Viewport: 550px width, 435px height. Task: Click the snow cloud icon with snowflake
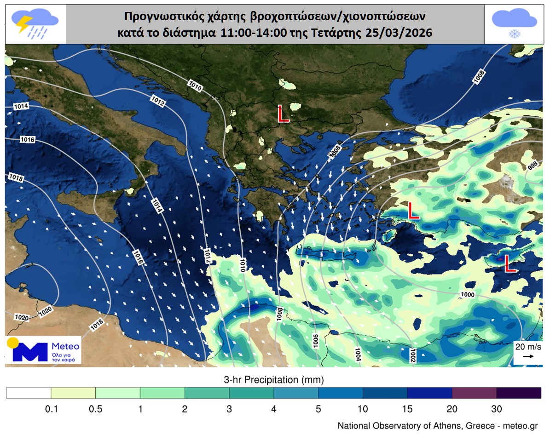[514, 24]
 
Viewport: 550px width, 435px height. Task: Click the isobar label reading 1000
[467, 294]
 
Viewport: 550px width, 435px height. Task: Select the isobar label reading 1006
[315, 341]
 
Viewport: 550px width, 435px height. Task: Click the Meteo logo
[43, 350]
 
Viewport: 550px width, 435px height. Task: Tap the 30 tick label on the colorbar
[497, 408]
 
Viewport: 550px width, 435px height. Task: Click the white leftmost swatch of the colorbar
[29, 393]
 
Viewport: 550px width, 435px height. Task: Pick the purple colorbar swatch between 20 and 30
[474, 393]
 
